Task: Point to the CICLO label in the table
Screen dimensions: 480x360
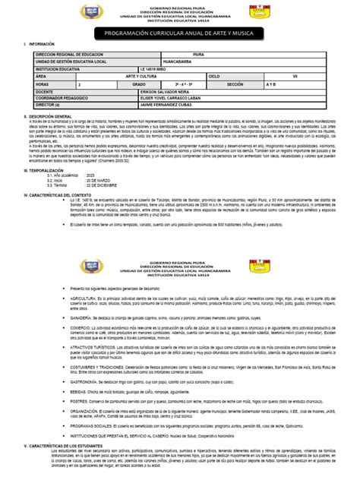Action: click(x=213, y=76)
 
